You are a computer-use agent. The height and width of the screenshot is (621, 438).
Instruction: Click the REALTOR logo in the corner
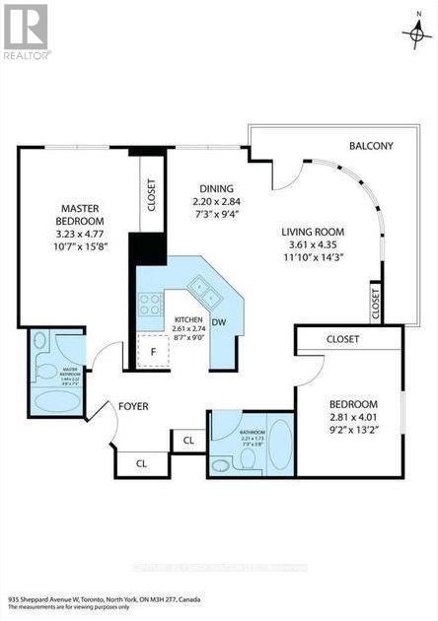(27, 30)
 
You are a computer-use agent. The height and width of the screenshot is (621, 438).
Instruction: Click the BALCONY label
(371, 147)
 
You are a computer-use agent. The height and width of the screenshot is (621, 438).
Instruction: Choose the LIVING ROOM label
(315, 234)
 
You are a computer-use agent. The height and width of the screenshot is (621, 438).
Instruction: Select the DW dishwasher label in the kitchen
(222, 322)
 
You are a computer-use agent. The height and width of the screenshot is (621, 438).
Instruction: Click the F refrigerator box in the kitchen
(152, 351)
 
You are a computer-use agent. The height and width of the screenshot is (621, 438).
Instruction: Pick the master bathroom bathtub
(55, 403)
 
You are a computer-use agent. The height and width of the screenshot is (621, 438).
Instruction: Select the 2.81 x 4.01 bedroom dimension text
(353, 419)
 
